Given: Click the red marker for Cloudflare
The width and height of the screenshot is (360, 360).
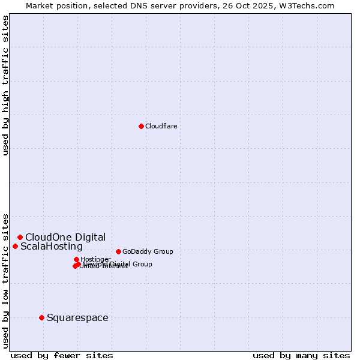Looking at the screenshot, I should [x=141, y=126].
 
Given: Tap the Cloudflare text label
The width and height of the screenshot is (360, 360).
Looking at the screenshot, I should [x=161, y=126].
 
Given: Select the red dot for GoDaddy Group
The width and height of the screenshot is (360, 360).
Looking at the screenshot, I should [x=118, y=251].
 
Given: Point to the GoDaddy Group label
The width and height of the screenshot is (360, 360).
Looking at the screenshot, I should [x=148, y=251].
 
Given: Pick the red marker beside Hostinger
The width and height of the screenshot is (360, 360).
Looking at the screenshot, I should [x=76, y=259].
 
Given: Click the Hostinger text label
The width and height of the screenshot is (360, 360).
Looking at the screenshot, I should [x=95, y=259].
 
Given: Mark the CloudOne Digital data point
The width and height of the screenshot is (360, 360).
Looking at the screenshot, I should [x=20, y=237].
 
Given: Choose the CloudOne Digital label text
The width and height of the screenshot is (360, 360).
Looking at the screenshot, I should [x=65, y=237].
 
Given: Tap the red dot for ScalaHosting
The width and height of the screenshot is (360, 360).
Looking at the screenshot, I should [x=15, y=246].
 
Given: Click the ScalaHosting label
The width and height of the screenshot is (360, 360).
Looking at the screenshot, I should [x=52, y=247].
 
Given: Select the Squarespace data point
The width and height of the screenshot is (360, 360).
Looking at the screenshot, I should [x=41, y=317].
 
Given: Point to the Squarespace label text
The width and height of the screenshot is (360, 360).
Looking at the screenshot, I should [x=77, y=317].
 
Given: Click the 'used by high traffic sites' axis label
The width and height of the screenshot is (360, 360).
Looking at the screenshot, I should [x=5, y=85].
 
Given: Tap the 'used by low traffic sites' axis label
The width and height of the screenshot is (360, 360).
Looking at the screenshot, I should [x=5, y=280].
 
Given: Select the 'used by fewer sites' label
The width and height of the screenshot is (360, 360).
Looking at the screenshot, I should [x=62, y=355].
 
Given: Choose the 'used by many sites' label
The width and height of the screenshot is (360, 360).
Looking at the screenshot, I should [x=301, y=355].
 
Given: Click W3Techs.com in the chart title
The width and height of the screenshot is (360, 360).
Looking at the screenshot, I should [x=313, y=5].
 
